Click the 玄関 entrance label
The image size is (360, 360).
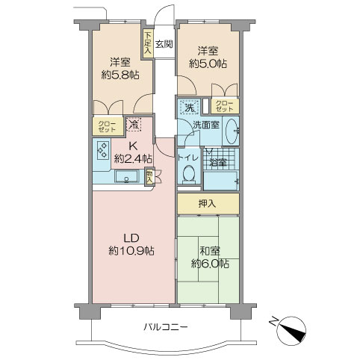[x=164, y=44]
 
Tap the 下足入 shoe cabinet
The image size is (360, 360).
[x=148, y=44]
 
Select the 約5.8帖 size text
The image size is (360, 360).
[x=120, y=75]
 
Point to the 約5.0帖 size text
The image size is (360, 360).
[x=208, y=64]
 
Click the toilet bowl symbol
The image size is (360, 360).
[x=189, y=173]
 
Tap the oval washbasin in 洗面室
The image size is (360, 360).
[x=232, y=131]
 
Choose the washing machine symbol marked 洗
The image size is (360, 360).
[x=190, y=107]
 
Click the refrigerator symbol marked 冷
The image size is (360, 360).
[x=134, y=124]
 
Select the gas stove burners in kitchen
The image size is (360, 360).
[x=102, y=150]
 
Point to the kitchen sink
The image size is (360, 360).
[x=126, y=176]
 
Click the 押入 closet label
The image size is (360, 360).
[x=207, y=204]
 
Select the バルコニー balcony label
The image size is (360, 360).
[x=166, y=326]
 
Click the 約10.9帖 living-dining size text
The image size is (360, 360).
[x=131, y=250]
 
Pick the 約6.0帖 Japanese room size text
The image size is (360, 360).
[x=211, y=264]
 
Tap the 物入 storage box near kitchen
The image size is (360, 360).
[x=149, y=176]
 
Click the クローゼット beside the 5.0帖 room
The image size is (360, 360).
[x=225, y=106]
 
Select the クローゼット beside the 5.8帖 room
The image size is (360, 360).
[x=108, y=126]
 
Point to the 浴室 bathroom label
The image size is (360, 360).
[x=218, y=163]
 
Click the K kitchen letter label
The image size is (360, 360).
[x=133, y=146]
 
